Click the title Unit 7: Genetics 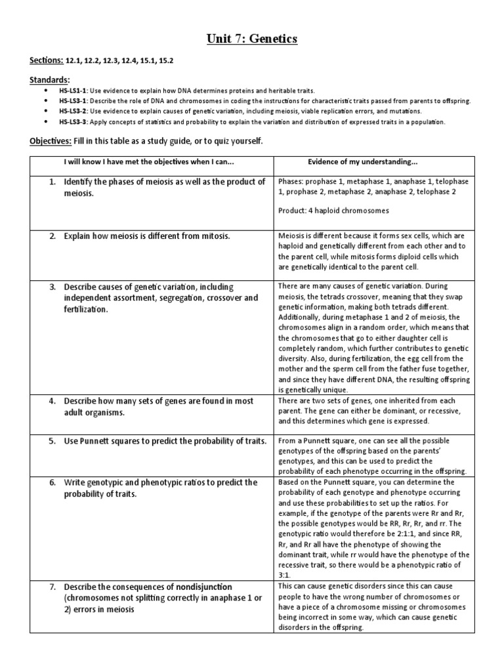(251, 40)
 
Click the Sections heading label (46, 60)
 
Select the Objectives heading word (51, 142)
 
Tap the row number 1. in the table (52, 182)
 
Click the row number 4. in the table (52, 401)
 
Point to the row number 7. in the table (52, 586)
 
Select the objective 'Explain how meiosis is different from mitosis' (146, 236)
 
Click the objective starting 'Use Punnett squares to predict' (164, 440)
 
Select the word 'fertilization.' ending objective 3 (85, 309)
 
